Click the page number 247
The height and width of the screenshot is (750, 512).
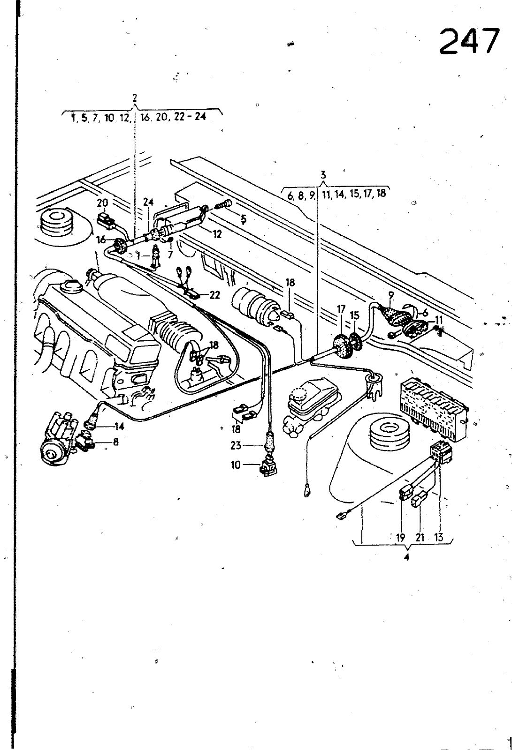pos(469,41)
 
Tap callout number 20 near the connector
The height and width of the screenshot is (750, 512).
pos(103,203)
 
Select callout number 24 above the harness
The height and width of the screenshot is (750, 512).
pos(148,202)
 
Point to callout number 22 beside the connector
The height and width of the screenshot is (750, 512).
pos(214,295)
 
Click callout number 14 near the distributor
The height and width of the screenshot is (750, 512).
pos(119,426)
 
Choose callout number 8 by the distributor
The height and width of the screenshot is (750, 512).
pos(115,441)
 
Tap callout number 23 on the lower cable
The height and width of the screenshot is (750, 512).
pos(236,446)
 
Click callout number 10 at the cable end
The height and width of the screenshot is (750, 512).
pos(236,465)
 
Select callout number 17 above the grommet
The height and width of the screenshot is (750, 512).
pos(341,309)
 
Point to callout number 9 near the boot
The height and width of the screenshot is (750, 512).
pos(390,296)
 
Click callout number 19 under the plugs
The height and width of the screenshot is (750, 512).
pos(400,538)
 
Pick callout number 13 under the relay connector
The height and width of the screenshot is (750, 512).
pos(439,538)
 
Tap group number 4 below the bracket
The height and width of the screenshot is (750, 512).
pos(406,557)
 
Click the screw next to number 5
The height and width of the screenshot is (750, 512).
pos(223,204)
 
